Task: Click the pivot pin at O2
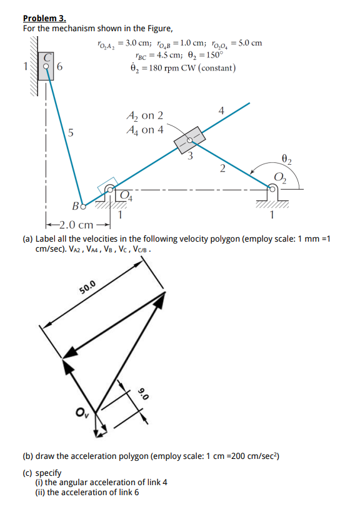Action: (274, 186)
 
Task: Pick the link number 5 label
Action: (71, 132)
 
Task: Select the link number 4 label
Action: (222, 111)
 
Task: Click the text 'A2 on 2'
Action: (144, 115)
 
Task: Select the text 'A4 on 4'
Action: (144, 130)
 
